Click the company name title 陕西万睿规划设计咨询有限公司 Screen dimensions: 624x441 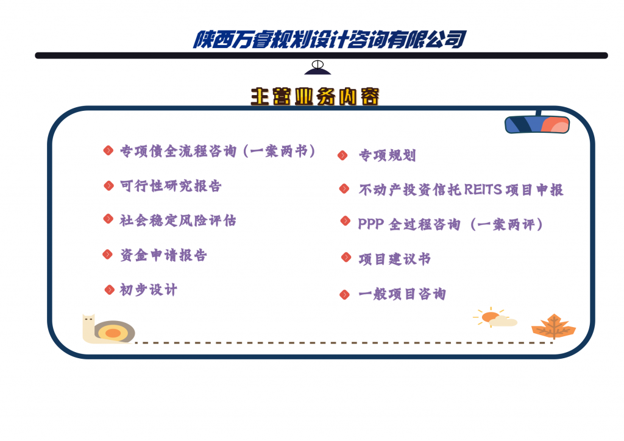click(330, 40)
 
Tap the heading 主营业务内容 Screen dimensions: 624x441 click(315, 97)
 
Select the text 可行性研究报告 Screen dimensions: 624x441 click(171, 186)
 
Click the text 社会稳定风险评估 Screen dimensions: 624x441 click(178, 220)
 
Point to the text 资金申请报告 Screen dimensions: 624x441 click(163, 255)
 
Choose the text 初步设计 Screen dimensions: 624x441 click(149, 290)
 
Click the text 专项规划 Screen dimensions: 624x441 click(387, 155)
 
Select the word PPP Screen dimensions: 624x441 click(371, 224)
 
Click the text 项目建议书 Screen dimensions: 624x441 click(394, 259)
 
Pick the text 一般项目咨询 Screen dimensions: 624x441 click(402, 294)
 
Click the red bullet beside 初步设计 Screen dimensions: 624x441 click(110, 289)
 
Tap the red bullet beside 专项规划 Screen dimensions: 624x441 click(342, 155)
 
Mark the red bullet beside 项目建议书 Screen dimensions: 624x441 click(346, 257)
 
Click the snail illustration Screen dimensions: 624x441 click(108, 329)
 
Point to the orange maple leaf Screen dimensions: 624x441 click(553, 326)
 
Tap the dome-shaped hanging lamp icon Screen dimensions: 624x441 click(317, 68)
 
